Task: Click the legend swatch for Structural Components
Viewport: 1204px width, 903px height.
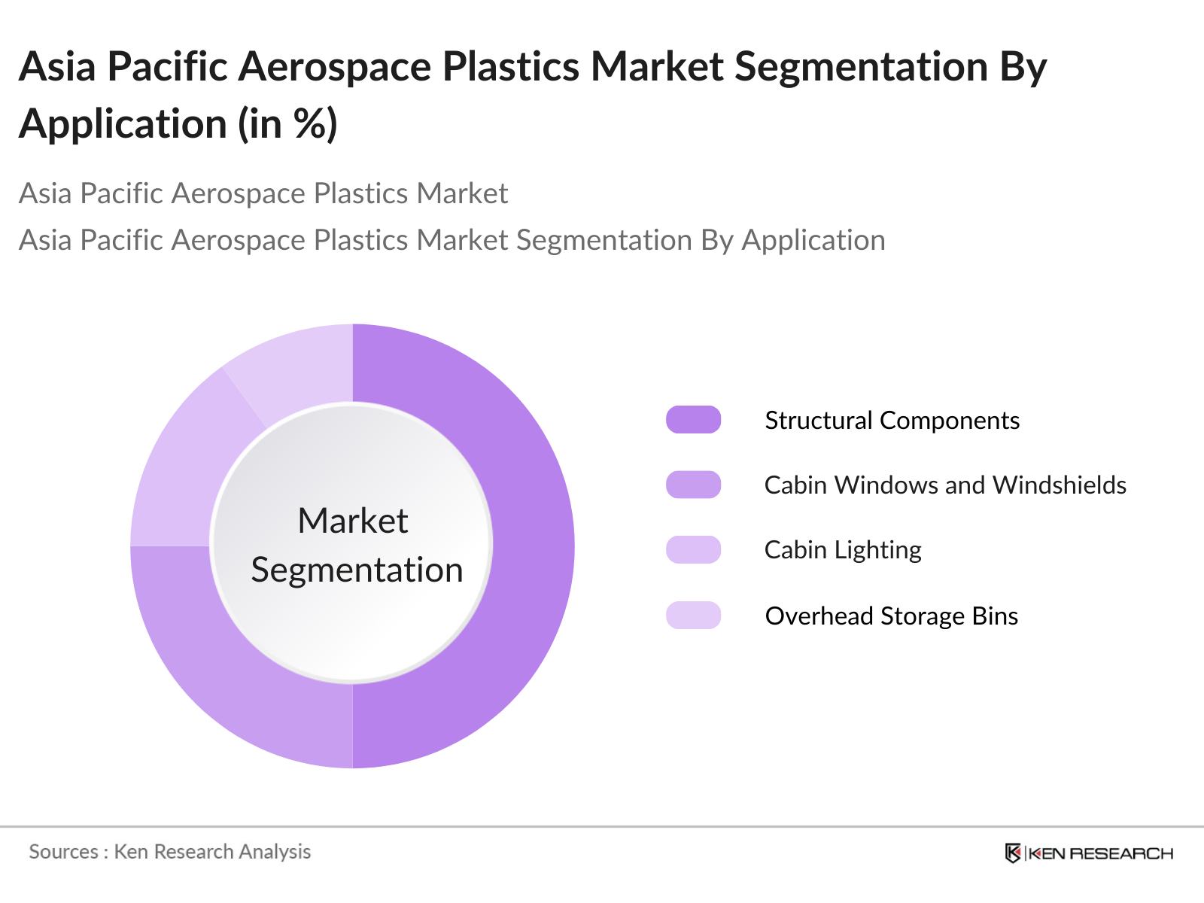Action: click(x=693, y=420)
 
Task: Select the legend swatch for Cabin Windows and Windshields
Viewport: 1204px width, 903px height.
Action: click(x=693, y=485)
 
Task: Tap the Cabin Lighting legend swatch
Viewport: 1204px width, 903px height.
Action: click(x=693, y=549)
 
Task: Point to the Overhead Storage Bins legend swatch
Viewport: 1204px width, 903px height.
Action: click(x=693, y=615)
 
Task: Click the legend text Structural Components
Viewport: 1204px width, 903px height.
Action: click(x=892, y=420)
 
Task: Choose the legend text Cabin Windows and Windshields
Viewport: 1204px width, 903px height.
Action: click(x=945, y=485)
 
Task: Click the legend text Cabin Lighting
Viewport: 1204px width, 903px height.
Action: click(x=843, y=550)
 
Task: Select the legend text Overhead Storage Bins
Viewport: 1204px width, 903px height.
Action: click(x=891, y=616)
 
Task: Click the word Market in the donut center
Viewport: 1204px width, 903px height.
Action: click(x=352, y=521)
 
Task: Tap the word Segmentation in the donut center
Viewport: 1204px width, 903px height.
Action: click(x=357, y=570)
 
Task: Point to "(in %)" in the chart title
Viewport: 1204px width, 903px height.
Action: click(x=287, y=123)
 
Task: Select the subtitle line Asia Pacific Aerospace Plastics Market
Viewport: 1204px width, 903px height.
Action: click(x=263, y=193)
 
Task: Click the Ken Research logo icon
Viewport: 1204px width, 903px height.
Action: click(x=1013, y=853)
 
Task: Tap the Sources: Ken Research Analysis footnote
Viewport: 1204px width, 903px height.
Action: click(x=170, y=852)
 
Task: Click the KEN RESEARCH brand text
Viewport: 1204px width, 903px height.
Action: click(x=1100, y=853)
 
